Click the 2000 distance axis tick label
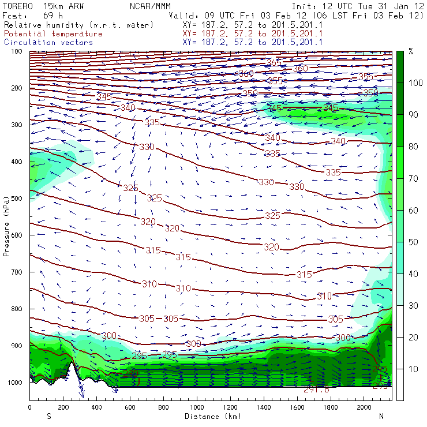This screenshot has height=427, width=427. tap(364, 407)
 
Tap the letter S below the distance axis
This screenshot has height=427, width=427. tap(48, 415)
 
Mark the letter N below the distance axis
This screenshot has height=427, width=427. tap(381, 415)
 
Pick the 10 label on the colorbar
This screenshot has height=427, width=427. tap(414, 369)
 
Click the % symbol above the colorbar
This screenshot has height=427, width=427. tap(410, 51)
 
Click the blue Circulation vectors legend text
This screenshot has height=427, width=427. tap(48, 42)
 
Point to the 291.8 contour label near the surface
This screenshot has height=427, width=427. tap(316, 389)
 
